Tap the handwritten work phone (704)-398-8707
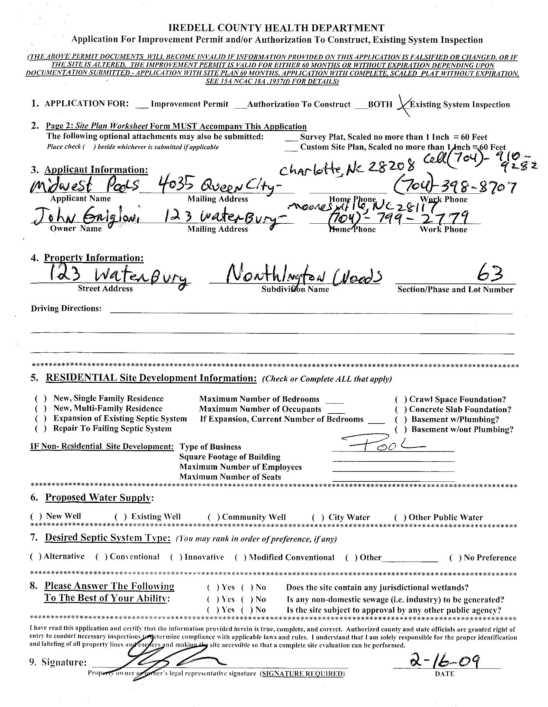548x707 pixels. tap(454, 187)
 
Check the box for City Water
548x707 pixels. tap(318, 517)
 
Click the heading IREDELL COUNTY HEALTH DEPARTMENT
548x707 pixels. tap(277, 28)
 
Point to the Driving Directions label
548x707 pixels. tap(66, 308)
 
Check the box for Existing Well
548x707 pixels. tap(120, 517)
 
